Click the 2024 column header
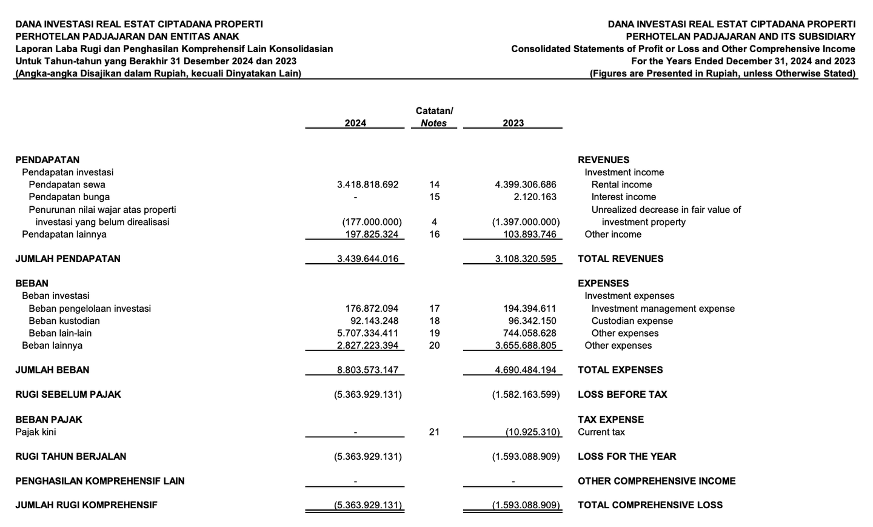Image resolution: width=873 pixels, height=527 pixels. point(355,123)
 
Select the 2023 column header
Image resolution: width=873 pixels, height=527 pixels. point(513,123)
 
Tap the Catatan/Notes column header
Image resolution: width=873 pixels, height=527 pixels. point(434,117)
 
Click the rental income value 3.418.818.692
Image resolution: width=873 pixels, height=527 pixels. point(367,185)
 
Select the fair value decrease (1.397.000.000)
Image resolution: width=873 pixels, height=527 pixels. point(526,222)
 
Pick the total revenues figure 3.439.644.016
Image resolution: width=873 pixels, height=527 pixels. point(367,259)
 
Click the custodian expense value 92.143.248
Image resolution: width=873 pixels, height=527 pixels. point(374,321)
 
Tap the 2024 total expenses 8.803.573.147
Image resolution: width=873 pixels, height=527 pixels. point(367,370)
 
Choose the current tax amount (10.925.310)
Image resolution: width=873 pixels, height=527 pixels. point(533,432)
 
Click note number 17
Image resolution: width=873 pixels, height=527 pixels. point(434,309)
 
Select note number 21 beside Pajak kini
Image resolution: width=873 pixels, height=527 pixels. point(434,432)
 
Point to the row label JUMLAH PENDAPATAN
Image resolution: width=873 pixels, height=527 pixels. point(68,259)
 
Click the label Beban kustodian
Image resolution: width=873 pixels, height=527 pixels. point(64,321)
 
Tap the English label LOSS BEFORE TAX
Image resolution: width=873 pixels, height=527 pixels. point(622,395)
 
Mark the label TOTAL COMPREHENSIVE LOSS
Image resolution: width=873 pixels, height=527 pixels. point(650,505)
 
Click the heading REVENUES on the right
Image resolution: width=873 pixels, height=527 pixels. point(603,160)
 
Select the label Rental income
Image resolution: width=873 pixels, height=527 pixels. point(621,185)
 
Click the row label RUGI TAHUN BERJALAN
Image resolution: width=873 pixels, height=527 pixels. point(71,457)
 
